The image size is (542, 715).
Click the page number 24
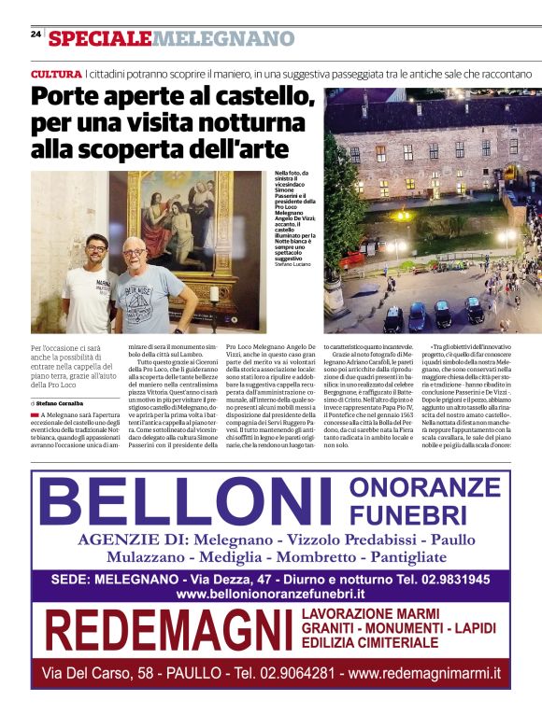(36, 34)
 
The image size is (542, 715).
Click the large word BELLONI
(186, 504)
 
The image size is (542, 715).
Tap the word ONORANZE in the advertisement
(425, 486)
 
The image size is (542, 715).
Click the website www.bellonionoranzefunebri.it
(270, 593)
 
